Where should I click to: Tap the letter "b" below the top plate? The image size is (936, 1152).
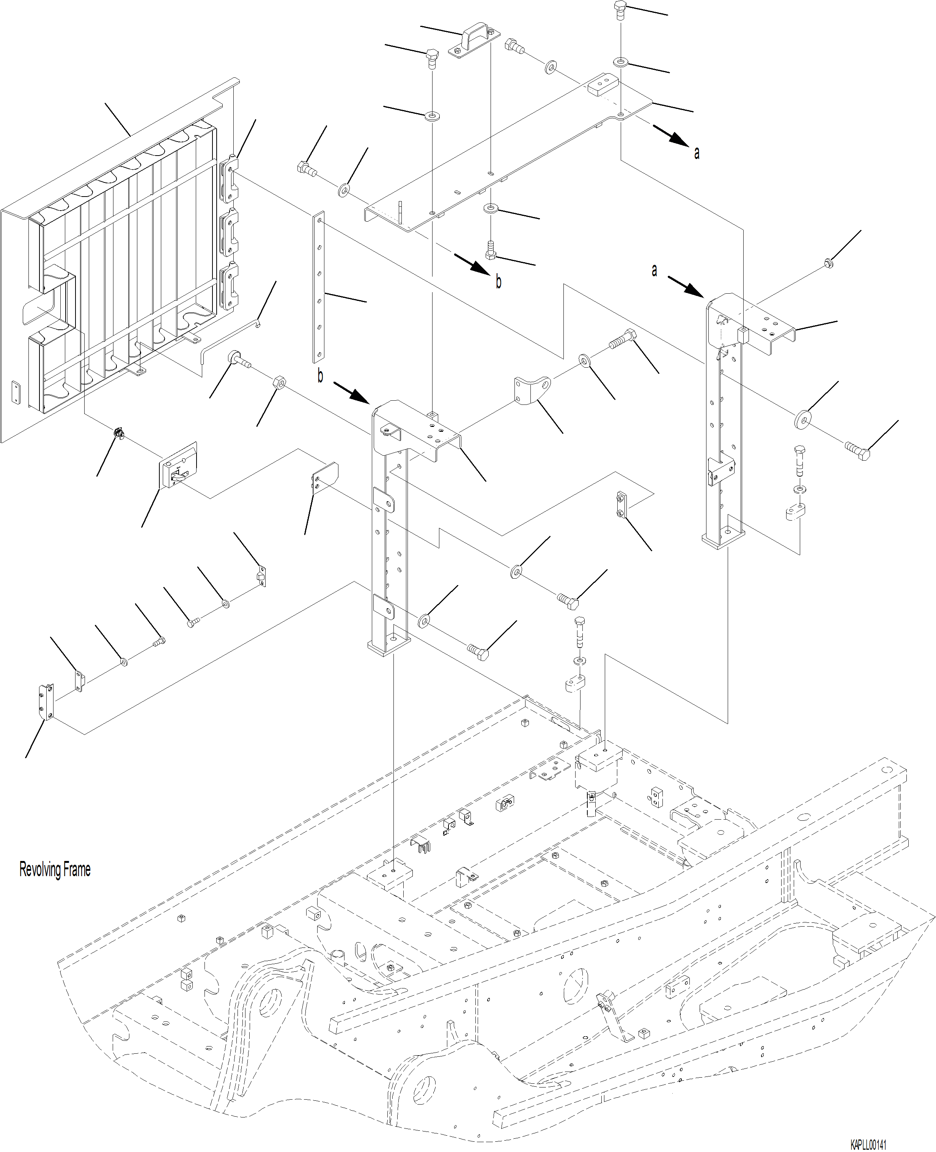coord(498,282)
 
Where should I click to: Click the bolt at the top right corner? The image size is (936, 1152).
coord(620,10)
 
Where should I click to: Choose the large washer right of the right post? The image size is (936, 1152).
coord(803,418)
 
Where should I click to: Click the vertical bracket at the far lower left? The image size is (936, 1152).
coord(46,702)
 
